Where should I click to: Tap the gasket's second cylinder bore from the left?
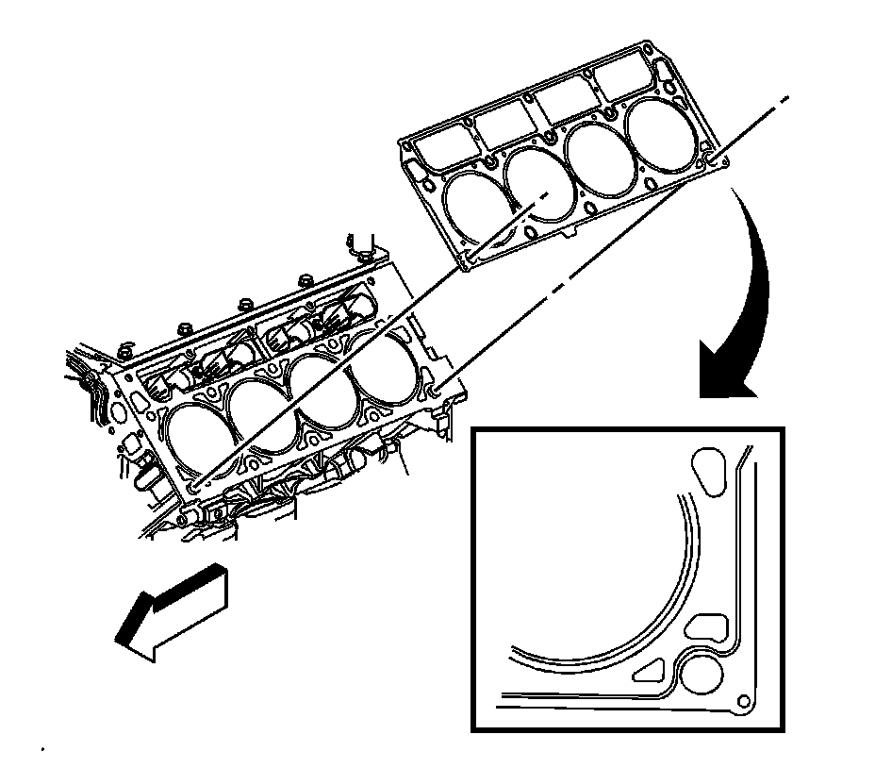tap(539, 183)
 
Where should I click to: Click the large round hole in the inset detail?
tap(703, 675)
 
